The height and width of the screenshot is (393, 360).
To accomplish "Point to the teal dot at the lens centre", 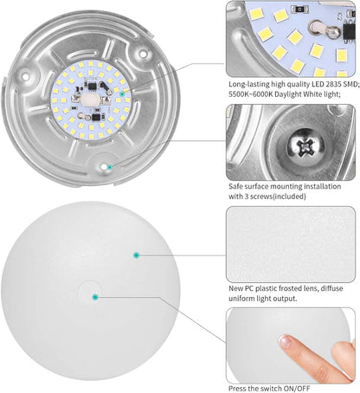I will point(95,297).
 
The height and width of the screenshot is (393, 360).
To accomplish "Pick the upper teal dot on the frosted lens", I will point(136,254).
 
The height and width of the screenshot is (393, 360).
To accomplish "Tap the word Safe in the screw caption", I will point(235,184).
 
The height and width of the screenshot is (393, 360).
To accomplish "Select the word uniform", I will point(245,299).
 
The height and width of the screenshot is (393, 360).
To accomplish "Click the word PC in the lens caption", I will point(254,287).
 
